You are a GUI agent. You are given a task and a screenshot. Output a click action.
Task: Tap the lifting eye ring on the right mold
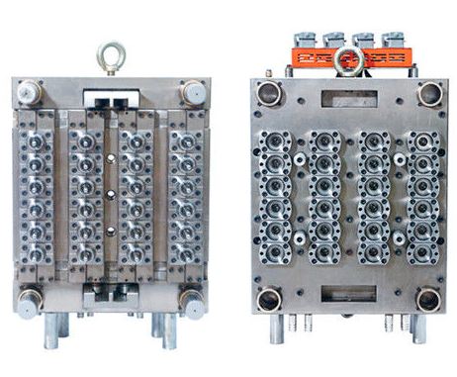tap(348, 60)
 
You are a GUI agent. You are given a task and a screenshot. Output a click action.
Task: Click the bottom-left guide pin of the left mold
tap(30, 298)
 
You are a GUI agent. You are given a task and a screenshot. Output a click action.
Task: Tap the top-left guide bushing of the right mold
tap(268, 94)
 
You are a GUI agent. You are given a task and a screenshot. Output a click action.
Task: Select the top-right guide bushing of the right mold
tap(429, 94)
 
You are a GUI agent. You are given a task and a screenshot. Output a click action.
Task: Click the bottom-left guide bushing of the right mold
tap(268, 299)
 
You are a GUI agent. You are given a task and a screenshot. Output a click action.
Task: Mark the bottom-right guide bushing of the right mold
tap(428, 299)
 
